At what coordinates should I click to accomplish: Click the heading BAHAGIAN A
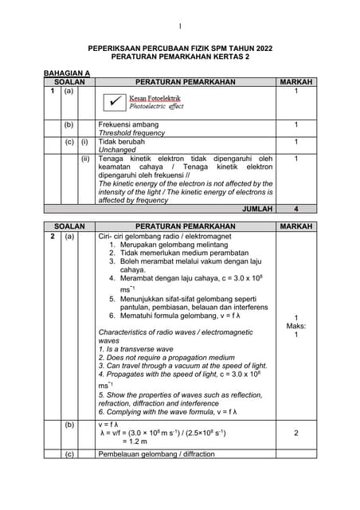67,73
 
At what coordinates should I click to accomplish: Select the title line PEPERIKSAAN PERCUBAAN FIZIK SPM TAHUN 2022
180,49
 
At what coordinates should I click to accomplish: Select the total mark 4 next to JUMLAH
295,209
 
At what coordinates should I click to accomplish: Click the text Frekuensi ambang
128,125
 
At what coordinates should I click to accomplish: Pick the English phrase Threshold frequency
131,133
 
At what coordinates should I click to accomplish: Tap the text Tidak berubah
121,142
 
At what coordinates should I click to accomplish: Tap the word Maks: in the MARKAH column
295,326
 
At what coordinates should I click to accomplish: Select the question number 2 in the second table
52,237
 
